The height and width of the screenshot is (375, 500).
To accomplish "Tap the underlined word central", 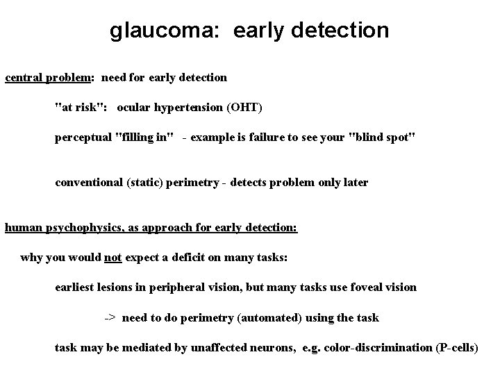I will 24,77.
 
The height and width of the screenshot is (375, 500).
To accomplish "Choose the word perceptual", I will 84,137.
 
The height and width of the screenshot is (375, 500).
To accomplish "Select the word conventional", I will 90,183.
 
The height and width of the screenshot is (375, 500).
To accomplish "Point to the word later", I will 355,183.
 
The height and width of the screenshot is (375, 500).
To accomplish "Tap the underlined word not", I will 113,258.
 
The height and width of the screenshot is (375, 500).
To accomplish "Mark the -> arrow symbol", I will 110,318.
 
